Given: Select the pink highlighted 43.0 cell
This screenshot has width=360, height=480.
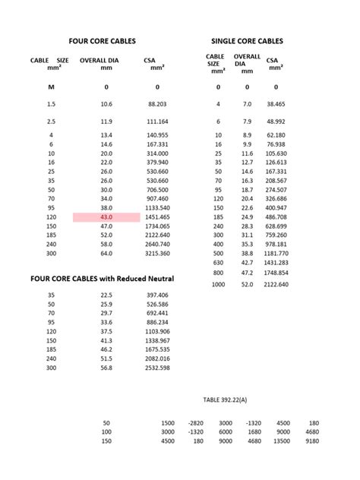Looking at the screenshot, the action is pyautogui.click(x=106, y=217).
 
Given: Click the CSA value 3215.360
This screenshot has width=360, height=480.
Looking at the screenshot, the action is pyautogui.click(x=157, y=253).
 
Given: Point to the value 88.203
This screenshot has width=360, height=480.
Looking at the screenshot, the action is pyautogui.click(x=157, y=103).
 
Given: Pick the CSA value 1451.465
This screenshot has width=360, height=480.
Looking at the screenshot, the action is pyautogui.click(x=157, y=217).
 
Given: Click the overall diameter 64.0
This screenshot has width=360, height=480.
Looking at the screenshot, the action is pyautogui.click(x=106, y=253).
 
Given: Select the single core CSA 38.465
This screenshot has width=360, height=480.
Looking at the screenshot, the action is pyautogui.click(x=276, y=103).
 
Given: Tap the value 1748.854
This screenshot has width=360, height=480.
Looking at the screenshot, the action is pyautogui.click(x=276, y=272).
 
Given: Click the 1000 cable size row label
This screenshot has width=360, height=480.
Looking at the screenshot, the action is pyautogui.click(x=219, y=284).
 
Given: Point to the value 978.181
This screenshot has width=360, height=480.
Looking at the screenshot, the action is pyautogui.click(x=276, y=245).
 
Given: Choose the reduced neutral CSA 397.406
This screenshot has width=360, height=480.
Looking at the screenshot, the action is pyautogui.click(x=157, y=295).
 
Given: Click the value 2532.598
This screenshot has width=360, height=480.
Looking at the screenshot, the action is pyautogui.click(x=157, y=368).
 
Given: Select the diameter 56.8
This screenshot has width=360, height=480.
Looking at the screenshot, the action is pyautogui.click(x=106, y=368).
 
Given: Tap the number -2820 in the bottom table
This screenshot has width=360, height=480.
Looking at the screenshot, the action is pyautogui.click(x=196, y=422).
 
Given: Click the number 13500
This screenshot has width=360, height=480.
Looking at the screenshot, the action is pyautogui.click(x=283, y=441).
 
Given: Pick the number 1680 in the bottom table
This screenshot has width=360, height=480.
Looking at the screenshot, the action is pyautogui.click(x=254, y=431).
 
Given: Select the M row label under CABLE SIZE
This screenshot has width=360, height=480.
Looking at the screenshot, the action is pyautogui.click(x=51, y=87).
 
